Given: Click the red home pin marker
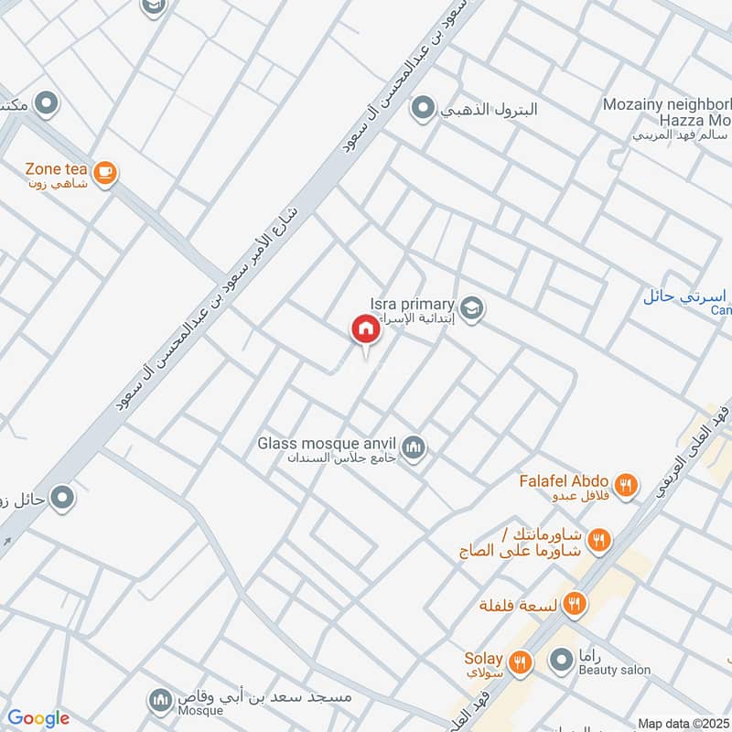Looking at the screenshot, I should click(364, 328).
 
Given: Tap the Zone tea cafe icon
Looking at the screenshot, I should click(105, 171).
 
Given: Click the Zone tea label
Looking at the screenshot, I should click(56, 169).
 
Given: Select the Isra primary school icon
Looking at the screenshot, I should click(472, 307).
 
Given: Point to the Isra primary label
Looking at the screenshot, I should click(412, 304).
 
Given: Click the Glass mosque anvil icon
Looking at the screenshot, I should click(414, 447).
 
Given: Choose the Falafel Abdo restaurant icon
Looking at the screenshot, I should click(626, 485).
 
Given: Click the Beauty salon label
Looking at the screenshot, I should click(614, 670).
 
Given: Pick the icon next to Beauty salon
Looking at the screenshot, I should click(560, 659).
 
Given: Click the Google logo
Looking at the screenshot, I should click(38, 718).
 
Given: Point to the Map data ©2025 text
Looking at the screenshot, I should click(684, 724).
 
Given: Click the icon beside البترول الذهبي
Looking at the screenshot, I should click(422, 111).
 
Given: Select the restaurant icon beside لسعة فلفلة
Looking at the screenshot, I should click(575, 603).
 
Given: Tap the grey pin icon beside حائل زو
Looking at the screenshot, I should click(62, 498).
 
